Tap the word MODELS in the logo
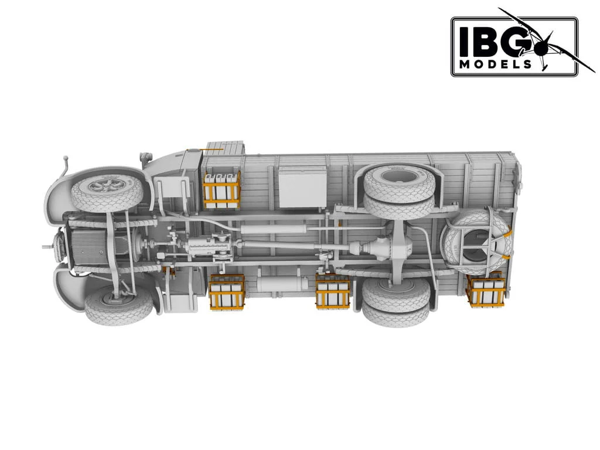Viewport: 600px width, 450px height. (x=496, y=64)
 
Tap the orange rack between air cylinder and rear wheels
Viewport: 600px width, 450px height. (x=332, y=291)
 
